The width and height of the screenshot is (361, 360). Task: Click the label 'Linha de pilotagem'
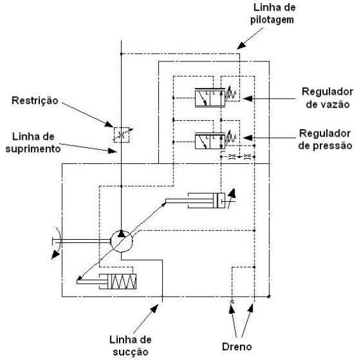(272, 13)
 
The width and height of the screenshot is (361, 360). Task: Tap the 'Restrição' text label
(35, 101)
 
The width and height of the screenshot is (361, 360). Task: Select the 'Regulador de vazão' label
(327, 98)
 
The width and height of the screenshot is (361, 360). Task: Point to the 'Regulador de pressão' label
(325, 139)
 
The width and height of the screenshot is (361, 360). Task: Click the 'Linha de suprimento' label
(33, 142)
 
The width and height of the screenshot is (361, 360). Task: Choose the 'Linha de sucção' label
(130, 345)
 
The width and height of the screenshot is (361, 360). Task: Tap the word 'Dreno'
(237, 347)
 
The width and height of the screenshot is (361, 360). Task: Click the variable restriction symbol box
(122, 135)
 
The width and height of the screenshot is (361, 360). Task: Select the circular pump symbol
(122, 241)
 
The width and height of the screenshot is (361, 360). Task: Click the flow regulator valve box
(210, 98)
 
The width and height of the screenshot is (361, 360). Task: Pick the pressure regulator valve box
(210, 141)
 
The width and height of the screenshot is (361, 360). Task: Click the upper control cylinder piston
(216, 201)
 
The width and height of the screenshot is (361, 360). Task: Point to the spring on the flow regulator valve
(231, 94)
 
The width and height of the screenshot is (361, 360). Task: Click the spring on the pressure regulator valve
(231, 137)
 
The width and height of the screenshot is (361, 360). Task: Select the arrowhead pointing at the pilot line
(241, 46)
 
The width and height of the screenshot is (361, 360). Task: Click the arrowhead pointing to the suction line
(155, 308)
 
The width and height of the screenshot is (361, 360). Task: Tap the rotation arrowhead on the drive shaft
(55, 255)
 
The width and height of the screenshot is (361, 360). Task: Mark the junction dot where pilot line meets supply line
(122, 54)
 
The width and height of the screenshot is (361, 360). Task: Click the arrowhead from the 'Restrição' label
(109, 124)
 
